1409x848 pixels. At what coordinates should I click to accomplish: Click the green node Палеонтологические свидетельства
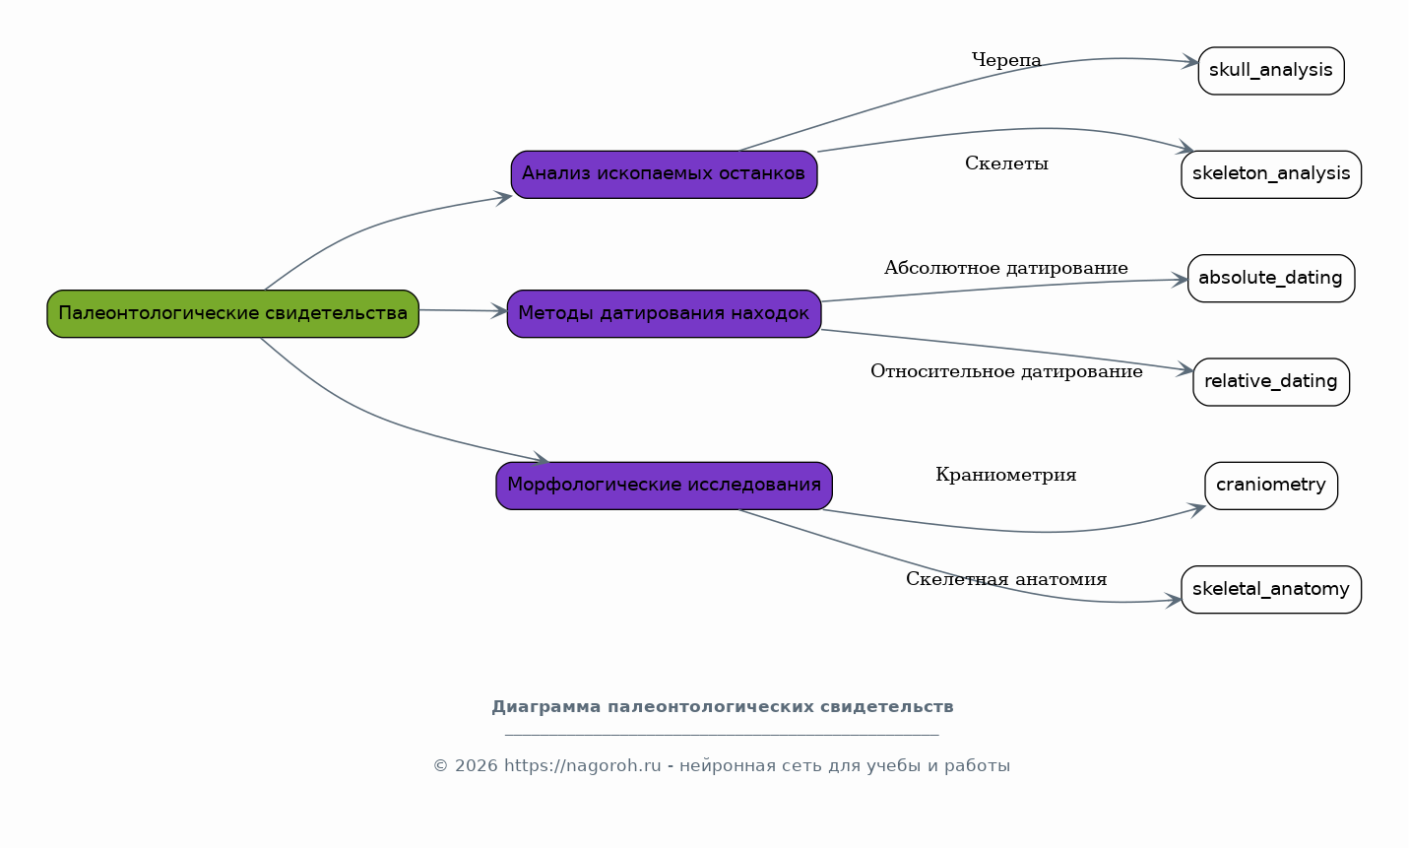pyautogui.click(x=232, y=313)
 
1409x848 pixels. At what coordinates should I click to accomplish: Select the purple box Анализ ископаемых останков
pyautogui.click(x=664, y=174)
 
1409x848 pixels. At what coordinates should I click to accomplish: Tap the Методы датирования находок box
pyautogui.click(x=664, y=313)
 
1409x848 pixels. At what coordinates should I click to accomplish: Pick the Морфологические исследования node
pyautogui.click(x=664, y=486)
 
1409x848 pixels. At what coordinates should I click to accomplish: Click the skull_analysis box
pyautogui.click(x=1270, y=71)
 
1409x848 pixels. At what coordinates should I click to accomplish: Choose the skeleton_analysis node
pyautogui.click(x=1270, y=174)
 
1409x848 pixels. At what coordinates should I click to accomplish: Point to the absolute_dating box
pyautogui.click(x=1270, y=278)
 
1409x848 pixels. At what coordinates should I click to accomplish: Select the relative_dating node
pyautogui.click(x=1270, y=382)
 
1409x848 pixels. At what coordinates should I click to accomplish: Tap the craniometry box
pyautogui.click(x=1270, y=486)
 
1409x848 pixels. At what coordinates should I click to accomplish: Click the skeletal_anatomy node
pyautogui.click(x=1270, y=589)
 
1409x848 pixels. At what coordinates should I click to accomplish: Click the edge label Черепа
pyautogui.click(x=1006, y=60)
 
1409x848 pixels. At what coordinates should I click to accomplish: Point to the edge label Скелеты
pyautogui.click(x=1006, y=163)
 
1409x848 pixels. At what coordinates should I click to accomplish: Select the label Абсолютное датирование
pyautogui.click(x=1006, y=268)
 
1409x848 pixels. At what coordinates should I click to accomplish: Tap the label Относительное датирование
pyautogui.click(x=1006, y=371)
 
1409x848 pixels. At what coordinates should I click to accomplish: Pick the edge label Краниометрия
pyautogui.click(x=1006, y=475)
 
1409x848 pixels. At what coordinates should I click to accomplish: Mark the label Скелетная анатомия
pyautogui.click(x=1006, y=579)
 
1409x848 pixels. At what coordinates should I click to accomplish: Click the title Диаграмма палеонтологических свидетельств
pyautogui.click(x=722, y=707)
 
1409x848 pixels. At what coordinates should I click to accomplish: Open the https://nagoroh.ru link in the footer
pyautogui.click(x=583, y=765)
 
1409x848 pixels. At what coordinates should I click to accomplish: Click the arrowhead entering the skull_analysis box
pyautogui.click(x=1190, y=62)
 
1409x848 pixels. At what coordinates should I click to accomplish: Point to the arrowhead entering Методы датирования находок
pyautogui.click(x=499, y=311)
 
